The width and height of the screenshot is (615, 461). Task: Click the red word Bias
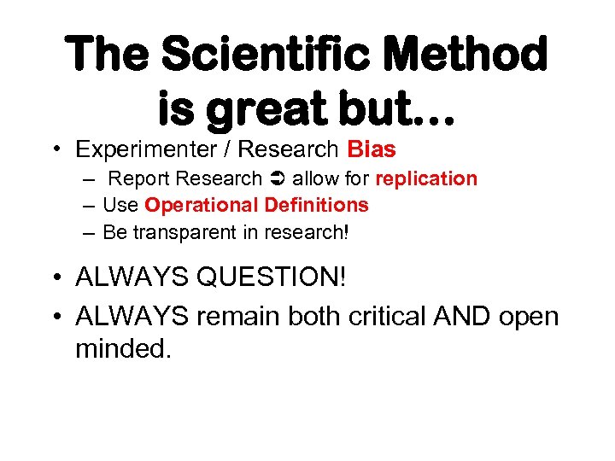pyautogui.click(x=372, y=149)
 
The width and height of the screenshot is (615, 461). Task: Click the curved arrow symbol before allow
pyautogui.click(x=277, y=179)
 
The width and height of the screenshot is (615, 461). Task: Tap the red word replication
pyautogui.click(x=426, y=179)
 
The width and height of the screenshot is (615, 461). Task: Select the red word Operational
pyautogui.click(x=201, y=205)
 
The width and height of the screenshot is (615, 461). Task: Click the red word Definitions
pyautogui.click(x=316, y=205)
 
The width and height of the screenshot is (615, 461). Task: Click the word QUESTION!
pyautogui.click(x=279, y=277)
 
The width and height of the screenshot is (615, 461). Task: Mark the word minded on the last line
pyautogui.click(x=123, y=348)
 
